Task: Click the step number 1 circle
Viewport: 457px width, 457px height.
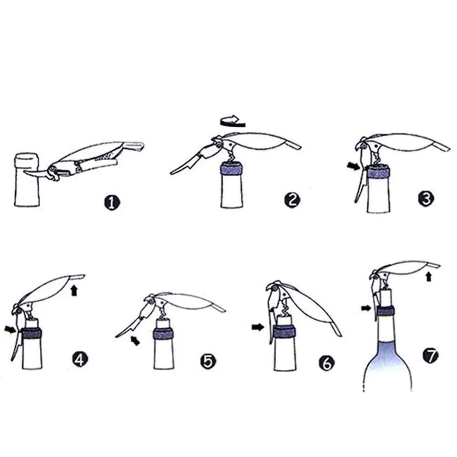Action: pyautogui.click(x=112, y=202)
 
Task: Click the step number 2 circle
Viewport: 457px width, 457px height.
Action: pyautogui.click(x=292, y=200)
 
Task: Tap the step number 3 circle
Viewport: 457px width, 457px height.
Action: pyautogui.click(x=426, y=199)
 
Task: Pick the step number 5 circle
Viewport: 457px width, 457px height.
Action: pyautogui.click(x=208, y=362)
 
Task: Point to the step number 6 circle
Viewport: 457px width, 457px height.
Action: pyautogui.click(x=327, y=363)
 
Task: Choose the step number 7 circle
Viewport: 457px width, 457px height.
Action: pyautogui.click(x=431, y=355)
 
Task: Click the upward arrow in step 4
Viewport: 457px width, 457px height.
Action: pyautogui.click(x=74, y=290)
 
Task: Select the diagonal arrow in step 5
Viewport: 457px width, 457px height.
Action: pyautogui.click(x=135, y=341)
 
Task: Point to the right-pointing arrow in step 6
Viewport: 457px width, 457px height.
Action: pyautogui.click(x=257, y=327)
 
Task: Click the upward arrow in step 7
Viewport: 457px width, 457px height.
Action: pyautogui.click(x=428, y=276)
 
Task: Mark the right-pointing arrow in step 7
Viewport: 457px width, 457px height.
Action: pyautogui.click(x=366, y=308)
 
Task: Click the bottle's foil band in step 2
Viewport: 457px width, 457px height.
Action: pyautogui.click(x=232, y=169)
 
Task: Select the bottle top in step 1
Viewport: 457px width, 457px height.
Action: pyautogui.click(x=27, y=163)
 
